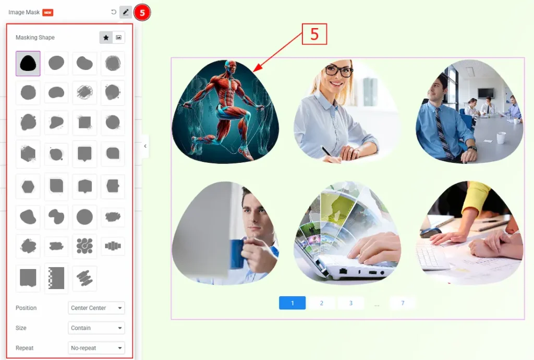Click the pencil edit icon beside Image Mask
126,13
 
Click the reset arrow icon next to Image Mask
113,13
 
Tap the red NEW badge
47,13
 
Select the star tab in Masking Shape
106,38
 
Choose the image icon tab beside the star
118,38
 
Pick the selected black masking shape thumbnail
28,63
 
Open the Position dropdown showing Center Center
96,308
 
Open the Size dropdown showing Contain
96,328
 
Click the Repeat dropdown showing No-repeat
96,348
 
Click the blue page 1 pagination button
292,303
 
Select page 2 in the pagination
321,303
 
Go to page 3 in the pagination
351,303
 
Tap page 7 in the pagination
403,303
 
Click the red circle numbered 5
142,13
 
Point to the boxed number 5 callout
314,34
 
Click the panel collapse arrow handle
145,146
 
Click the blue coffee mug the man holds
238,254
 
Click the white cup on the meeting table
501,138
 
